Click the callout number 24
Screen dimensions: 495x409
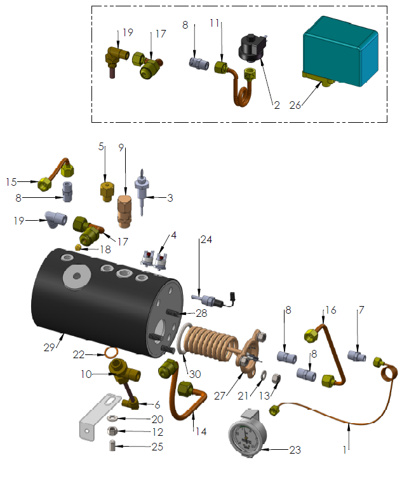click(206, 240)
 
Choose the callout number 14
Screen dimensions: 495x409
click(200, 431)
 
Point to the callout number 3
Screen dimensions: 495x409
click(170, 198)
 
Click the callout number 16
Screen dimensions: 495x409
click(330, 310)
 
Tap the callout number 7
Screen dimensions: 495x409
click(361, 310)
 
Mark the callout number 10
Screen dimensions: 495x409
click(86, 374)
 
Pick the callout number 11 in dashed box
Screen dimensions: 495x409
click(215, 23)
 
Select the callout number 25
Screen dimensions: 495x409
click(156, 447)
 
